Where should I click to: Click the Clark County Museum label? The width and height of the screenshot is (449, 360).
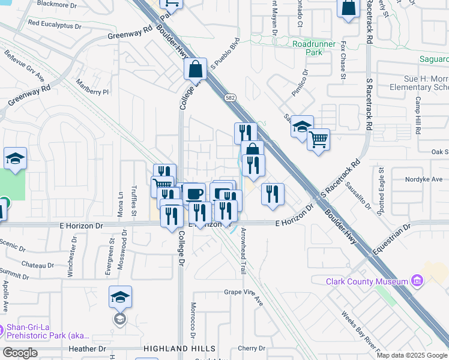click(x=366, y=281)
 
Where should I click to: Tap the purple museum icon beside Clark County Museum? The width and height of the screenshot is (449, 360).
click(x=417, y=281)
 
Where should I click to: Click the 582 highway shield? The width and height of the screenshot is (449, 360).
click(x=231, y=97)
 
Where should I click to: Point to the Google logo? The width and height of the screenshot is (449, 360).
click(x=20, y=353)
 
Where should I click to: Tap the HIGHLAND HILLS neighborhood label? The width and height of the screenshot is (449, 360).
click(x=179, y=349)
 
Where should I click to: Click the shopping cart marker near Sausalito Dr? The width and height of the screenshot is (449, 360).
click(x=318, y=140)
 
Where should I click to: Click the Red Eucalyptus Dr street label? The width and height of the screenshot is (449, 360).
click(x=54, y=25)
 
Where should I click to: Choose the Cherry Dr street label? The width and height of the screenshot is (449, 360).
click(x=252, y=348)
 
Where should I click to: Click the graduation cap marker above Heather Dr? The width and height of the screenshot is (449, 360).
click(x=120, y=296)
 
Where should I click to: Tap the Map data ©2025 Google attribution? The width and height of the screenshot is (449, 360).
click(x=412, y=355)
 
